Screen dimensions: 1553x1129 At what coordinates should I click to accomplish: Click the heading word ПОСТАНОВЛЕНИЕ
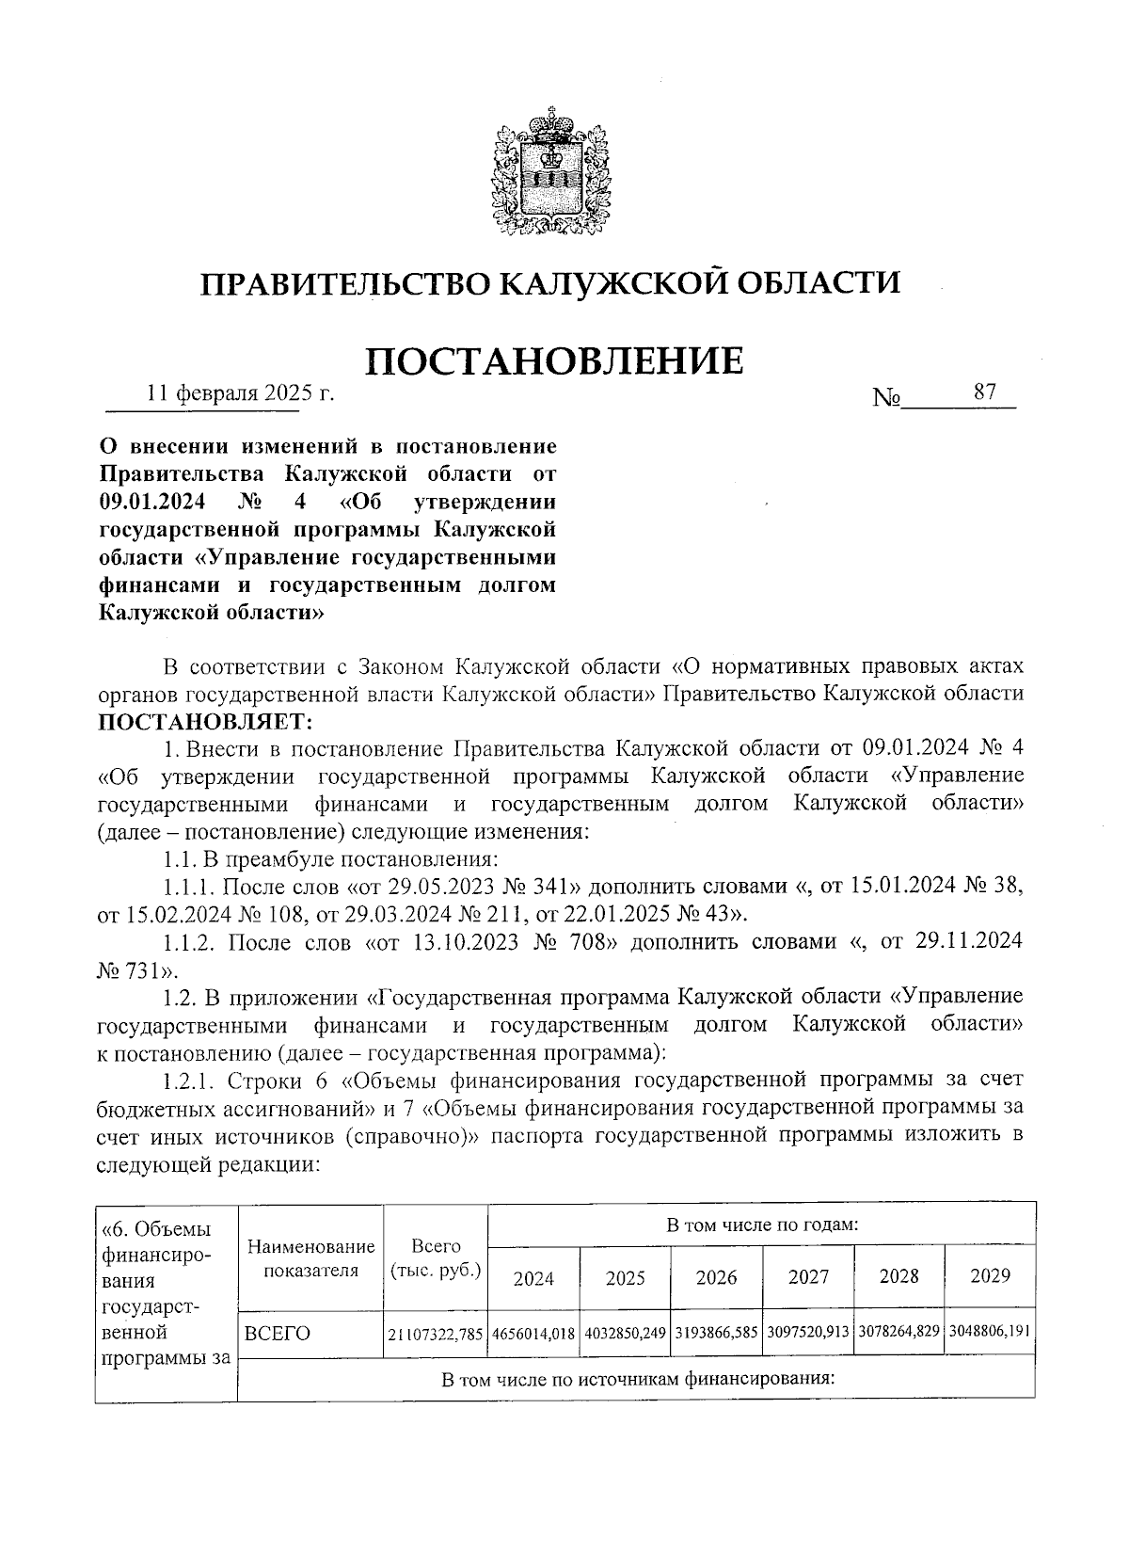(x=554, y=360)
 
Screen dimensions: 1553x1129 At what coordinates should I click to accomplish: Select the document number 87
(x=984, y=392)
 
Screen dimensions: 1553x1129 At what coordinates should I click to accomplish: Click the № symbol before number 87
(x=886, y=397)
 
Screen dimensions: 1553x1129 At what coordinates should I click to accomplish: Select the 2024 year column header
(x=533, y=1277)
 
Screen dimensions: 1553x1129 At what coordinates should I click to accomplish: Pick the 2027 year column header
(x=808, y=1277)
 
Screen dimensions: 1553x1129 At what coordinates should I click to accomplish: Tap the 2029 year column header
(x=990, y=1276)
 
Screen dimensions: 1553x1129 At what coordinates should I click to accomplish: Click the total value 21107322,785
(x=436, y=1334)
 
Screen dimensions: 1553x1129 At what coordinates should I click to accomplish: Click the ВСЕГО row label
(x=277, y=1333)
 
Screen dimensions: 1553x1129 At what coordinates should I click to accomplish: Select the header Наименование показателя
(x=310, y=1258)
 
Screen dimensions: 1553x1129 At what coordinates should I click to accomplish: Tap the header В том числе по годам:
(x=761, y=1225)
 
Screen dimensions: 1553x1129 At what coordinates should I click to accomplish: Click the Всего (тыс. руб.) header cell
(x=436, y=1258)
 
